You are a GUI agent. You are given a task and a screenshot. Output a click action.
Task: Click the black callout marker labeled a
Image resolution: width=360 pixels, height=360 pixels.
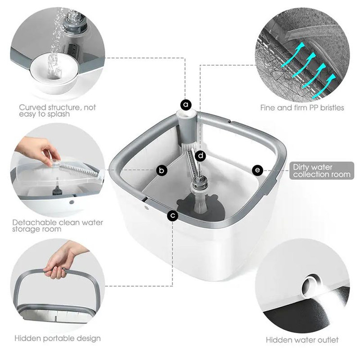coord(186,105)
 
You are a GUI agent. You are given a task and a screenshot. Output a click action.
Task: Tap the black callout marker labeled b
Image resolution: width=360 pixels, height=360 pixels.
coord(162,170)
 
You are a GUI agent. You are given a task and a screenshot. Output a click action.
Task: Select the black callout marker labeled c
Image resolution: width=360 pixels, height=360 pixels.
coord(173,216)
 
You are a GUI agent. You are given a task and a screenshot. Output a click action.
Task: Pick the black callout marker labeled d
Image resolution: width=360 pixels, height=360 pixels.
coord(201,156)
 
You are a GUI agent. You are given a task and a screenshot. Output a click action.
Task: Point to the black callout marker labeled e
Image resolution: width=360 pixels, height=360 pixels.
coord(257,170)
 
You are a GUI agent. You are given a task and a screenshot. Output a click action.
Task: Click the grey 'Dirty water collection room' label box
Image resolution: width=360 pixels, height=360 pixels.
coord(322,170)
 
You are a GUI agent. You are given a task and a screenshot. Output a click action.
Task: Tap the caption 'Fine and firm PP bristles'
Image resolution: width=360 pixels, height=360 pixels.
coord(302,108)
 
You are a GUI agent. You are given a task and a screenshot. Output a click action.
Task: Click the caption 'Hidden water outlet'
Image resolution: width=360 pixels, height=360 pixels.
coord(302,340)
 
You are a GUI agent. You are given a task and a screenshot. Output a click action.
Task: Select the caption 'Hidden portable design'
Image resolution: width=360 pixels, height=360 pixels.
coord(58,338)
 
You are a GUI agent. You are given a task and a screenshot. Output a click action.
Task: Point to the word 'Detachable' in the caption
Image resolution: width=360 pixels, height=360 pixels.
coord(35,222)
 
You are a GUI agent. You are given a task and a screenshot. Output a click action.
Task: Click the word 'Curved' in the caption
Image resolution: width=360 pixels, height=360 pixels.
coord(32,107)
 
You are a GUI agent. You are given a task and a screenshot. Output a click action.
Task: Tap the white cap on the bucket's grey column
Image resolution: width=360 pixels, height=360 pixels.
coord(186,113)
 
